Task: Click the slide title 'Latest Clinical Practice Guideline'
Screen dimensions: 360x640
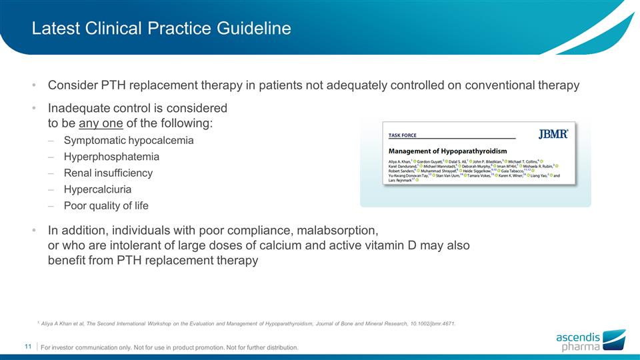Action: pyautogui.click(x=162, y=29)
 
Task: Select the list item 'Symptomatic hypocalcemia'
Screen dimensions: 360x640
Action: pyautogui.click(x=129, y=141)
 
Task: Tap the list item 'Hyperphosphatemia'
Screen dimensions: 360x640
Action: pyautogui.click(x=111, y=157)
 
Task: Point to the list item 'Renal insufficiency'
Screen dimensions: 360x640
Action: pyautogui.click(x=108, y=173)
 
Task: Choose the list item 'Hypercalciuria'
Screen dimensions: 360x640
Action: pyautogui.click(x=97, y=189)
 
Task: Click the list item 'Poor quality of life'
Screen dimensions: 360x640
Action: pyautogui.click(x=106, y=205)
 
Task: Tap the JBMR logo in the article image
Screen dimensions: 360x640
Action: pyautogui.click(x=553, y=134)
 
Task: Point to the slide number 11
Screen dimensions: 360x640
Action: pyautogui.click(x=28, y=347)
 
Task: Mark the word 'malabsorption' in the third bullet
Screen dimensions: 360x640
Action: pyautogui.click(x=338, y=231)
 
